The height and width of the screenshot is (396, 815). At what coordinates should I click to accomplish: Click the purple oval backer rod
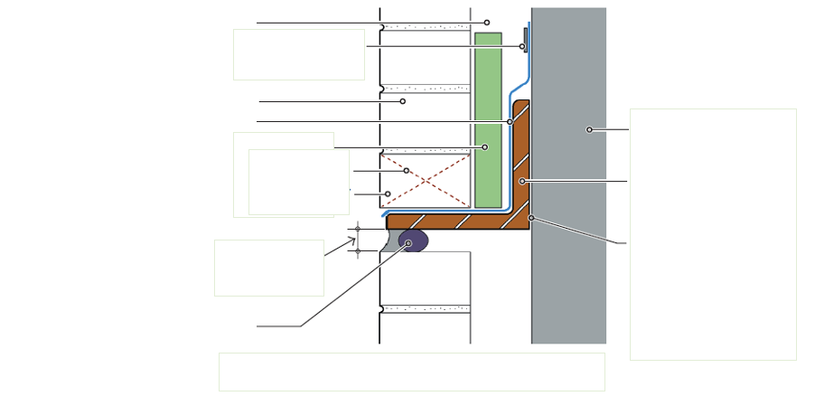413,240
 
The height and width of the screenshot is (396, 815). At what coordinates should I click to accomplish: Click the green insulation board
488,108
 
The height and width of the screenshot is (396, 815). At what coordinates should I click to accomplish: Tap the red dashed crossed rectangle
425,181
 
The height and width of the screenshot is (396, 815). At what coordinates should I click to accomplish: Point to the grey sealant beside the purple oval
390,241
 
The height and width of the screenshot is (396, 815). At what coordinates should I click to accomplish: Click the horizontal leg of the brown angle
452,222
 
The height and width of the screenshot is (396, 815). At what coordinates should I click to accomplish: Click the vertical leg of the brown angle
520,154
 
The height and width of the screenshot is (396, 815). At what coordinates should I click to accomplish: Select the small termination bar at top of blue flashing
525,40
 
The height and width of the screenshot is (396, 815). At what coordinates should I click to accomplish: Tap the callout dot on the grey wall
589,129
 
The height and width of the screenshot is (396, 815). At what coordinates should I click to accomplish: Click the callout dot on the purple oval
408,243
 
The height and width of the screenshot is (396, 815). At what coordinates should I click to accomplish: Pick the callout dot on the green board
484,146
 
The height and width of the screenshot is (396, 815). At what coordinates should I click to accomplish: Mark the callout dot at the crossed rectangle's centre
407,170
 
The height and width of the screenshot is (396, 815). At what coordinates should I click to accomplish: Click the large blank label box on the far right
713,234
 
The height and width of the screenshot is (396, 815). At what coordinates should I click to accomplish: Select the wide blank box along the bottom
411,372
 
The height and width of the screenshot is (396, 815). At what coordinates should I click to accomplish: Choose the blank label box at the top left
299,54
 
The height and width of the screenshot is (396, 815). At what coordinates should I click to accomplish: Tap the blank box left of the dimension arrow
268,268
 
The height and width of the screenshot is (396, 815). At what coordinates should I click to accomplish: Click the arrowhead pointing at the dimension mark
353,240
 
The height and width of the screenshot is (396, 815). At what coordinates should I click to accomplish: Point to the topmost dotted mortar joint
426,27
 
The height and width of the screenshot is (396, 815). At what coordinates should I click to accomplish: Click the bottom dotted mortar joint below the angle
426,309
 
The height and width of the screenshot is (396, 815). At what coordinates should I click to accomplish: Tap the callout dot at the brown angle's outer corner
531,218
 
